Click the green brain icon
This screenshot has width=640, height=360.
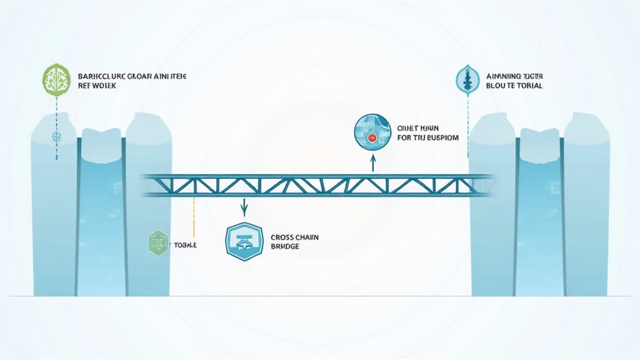[56, 79]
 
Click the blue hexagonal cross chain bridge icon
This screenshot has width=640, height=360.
[244, 241]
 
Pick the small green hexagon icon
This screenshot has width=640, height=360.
[158, 243]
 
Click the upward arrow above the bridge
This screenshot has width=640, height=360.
[372, 162]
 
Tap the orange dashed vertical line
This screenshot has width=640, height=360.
[194, 216]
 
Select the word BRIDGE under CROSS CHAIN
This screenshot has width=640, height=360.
[285, 247]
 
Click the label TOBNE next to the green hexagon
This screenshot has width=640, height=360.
[186, 245]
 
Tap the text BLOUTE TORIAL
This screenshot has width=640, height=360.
[514, 85]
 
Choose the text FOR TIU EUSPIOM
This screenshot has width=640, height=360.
[427, 136]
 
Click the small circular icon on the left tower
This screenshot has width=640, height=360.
[55, 136]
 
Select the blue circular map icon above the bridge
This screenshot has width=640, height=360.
[372, 132]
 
